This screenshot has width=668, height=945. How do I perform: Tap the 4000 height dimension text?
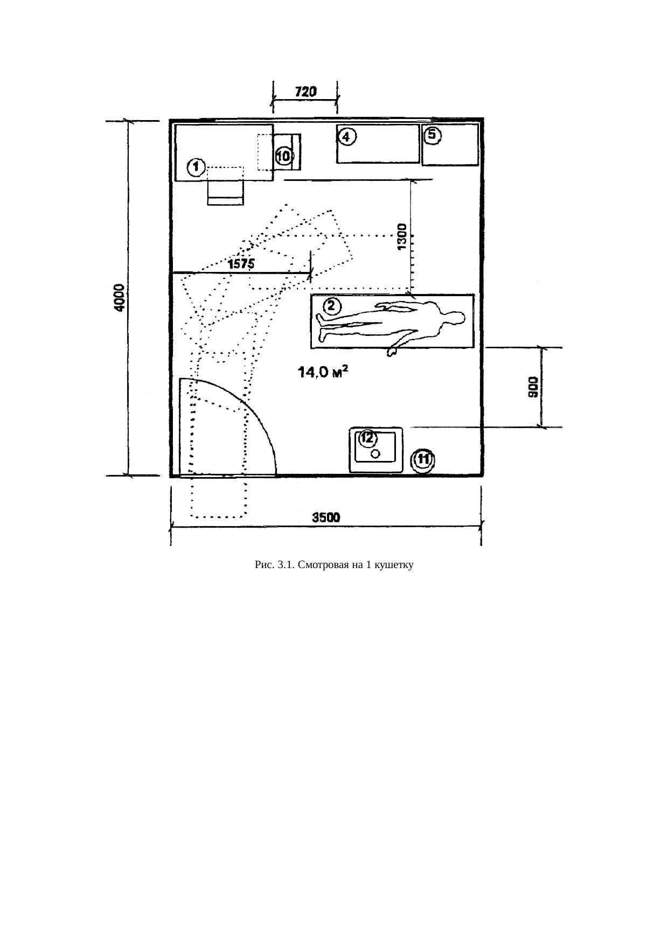click(x=119, y=298)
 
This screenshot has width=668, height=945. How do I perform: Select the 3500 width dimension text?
click(x=326, y=517)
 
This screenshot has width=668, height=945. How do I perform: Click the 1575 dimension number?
click(x=241, y=264)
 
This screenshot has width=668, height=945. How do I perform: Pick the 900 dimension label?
click(x=532, y=387)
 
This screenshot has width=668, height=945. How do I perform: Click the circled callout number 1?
click(x=196, y=167)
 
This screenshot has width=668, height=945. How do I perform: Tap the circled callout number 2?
click(x=331, y=306)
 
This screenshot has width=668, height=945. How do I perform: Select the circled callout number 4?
click(x=346, y=138)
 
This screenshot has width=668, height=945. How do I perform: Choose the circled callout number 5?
click(x=433, y=136)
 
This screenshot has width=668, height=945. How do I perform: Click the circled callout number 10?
click(x=283, y=156)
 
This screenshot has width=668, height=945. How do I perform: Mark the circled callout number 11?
click(x=423, y=460)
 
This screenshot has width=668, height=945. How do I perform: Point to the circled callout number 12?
click(x=368, y=438)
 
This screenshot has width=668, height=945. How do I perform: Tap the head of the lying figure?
click(x=454, y=318)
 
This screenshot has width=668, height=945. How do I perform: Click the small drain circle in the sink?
click(x=375, y=454)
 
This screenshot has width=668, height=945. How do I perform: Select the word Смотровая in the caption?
click(x=325, y=565)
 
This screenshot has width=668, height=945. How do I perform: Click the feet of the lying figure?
click(x=323, y=328)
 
